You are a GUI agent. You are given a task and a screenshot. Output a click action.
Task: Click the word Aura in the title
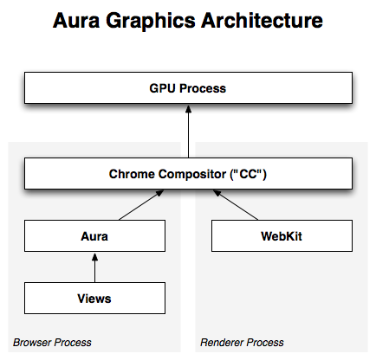click(76, 21)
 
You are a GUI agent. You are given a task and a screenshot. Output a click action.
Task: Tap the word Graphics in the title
click(151, 22)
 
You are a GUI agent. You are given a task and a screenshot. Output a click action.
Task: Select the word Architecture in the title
click(262, 21)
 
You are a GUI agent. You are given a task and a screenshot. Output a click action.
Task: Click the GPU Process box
click(188, 87)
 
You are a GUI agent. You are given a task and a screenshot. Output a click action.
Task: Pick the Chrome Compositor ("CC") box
click(188, 173)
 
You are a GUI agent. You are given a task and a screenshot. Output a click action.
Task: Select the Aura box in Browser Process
click(94, 236)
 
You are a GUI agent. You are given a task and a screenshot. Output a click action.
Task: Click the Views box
click(94, 298)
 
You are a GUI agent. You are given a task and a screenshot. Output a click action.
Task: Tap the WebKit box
click(282, 236)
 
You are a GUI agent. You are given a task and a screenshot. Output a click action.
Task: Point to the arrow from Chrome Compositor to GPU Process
click(188, 132)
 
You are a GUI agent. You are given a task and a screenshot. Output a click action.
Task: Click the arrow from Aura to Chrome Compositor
click(141, 205)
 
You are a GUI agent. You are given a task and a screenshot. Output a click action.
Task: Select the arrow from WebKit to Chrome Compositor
click(236, 205)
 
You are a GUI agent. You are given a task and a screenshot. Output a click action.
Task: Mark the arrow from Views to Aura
click(94, 268)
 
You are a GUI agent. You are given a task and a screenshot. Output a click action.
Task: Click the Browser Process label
click(52, 343)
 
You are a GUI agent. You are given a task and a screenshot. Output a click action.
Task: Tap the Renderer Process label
click(242, 343)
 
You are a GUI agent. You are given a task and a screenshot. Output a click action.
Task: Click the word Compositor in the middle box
click(192, 174)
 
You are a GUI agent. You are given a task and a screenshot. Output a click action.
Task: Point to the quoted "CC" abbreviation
click(248, 174)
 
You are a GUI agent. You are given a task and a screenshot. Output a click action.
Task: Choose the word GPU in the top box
click(163, 88)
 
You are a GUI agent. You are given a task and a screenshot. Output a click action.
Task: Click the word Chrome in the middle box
click(132, 174)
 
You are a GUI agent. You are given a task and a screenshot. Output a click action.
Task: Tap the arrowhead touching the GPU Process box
click(188, 109)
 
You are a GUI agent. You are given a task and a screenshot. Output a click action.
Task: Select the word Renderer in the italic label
click(222, 343)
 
